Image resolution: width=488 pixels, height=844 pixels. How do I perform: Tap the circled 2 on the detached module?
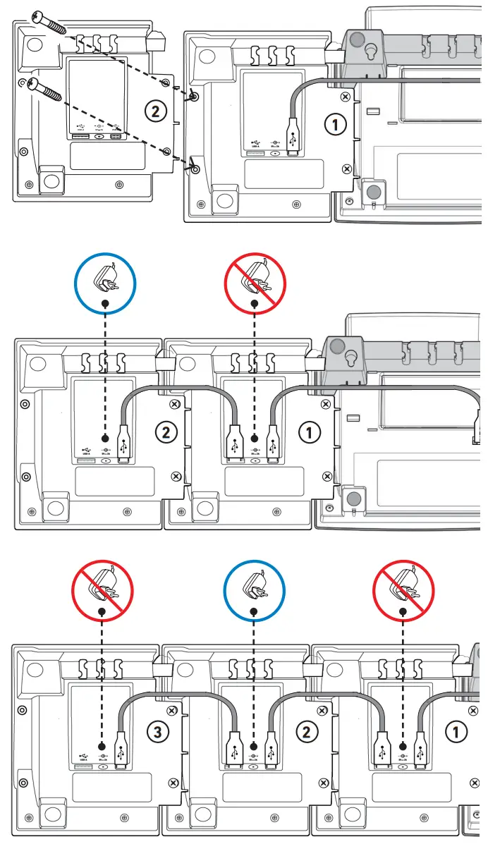tap(155, 109)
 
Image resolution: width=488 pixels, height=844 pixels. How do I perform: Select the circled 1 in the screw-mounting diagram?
tap(336, 125)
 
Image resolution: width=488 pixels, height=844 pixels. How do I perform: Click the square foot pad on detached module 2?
tap(50, 179)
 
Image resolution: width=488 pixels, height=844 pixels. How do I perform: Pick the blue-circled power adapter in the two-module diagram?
tap(105, 282)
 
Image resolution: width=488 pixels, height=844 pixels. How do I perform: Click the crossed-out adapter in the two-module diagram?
tap(255, 282)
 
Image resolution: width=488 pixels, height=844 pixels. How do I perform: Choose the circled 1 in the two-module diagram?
tap(310, 432)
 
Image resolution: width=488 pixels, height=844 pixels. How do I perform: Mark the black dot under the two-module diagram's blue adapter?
tap(105, 437)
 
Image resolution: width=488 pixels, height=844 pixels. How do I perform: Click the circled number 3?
tap(158, 732)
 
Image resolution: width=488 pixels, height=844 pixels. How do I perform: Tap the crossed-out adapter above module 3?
tap(103, 589)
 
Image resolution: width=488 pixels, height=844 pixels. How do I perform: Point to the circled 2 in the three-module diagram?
tap(306, 732)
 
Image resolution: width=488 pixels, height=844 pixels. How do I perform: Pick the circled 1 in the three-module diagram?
tap(456, 732)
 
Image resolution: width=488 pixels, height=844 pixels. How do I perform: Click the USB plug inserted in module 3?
tap(121, 752)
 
